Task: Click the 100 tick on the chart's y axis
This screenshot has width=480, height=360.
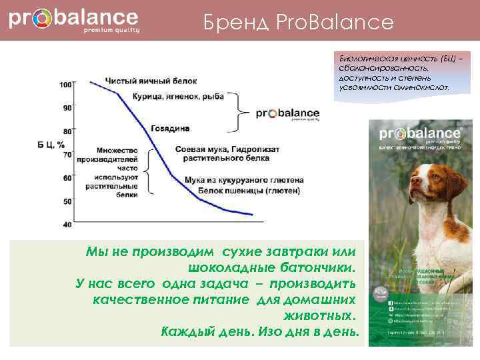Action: [66, 85]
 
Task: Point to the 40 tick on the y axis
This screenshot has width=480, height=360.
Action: [67, 225]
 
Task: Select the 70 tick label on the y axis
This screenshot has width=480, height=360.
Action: [67, 155]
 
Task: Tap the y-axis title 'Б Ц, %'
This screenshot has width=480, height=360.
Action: [51, 143]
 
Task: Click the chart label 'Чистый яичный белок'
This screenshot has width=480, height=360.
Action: [151, 81]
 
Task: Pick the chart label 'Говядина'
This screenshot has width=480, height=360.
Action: [170, 127]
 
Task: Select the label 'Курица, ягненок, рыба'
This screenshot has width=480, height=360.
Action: [179, 97]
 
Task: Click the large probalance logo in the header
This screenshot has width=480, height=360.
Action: [73, 19]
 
